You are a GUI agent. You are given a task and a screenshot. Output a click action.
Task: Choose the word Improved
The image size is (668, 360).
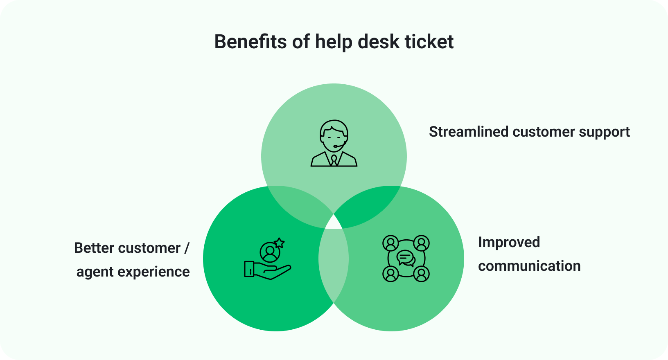pos(509,242)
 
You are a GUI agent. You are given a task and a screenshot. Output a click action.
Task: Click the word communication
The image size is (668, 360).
pos(529,266)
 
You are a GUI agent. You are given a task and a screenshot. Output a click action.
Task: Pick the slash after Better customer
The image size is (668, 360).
pos(187,248)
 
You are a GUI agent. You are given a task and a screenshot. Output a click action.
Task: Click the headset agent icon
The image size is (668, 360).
pos(334,143)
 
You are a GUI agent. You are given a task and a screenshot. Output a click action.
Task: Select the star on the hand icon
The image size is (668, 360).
pos(280,243)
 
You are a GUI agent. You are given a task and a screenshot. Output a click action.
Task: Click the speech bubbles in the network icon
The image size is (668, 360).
pos(406,258)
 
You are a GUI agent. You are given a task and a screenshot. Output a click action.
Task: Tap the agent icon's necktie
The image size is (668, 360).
pos(334,160)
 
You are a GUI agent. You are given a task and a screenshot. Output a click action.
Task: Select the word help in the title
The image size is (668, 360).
pos(334,42)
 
